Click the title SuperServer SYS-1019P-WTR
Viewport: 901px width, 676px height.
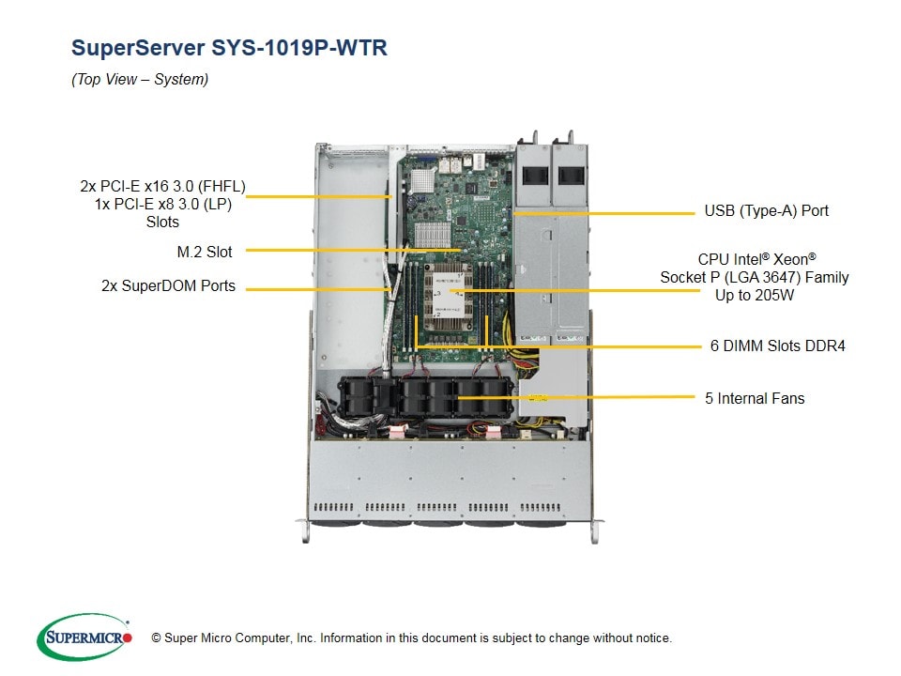[x=229, y=48]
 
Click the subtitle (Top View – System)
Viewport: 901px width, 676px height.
[x=140, y=80]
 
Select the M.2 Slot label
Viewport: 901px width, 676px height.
[x=204, y=251]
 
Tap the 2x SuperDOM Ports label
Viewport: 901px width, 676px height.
[x=168, y=285]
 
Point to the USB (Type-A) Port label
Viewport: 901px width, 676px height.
[x=766, y=210]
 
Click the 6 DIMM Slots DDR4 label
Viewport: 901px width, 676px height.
[x=777, y=346]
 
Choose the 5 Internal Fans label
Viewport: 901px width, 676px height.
[x=755, y=398]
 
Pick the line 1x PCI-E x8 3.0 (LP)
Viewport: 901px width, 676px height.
[x=162, y=204]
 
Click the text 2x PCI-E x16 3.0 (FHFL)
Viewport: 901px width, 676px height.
[x=162, y=186]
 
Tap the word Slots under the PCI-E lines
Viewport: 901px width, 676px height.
[x=162, y=222]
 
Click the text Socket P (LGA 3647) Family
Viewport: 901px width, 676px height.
[x=754, y=277]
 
